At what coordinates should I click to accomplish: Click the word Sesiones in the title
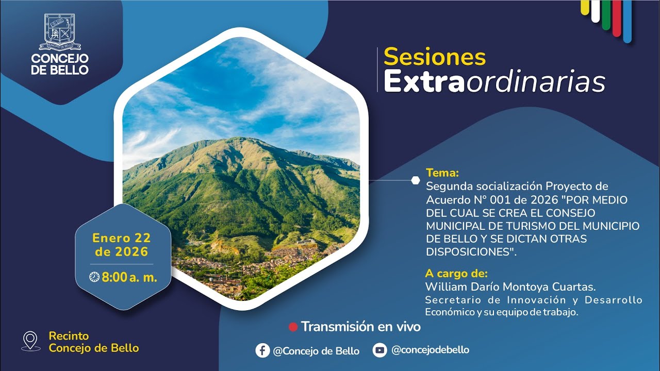[435, 57]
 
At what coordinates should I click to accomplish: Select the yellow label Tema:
[442, 173]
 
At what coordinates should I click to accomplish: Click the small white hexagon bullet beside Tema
[416, 180]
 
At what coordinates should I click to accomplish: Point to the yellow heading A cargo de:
[456, 273]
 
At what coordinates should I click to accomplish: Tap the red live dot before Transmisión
[293, 327]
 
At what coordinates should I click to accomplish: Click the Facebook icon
[262, 350]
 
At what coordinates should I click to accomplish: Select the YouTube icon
[379, 350]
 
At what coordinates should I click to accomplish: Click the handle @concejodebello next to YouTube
[430, 350]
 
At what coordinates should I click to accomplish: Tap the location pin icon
[31, 341]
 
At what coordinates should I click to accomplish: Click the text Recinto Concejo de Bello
[93, 342]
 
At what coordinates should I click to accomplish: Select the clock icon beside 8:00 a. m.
[94, 277]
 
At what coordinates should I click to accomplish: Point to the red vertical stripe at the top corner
[617, 18]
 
